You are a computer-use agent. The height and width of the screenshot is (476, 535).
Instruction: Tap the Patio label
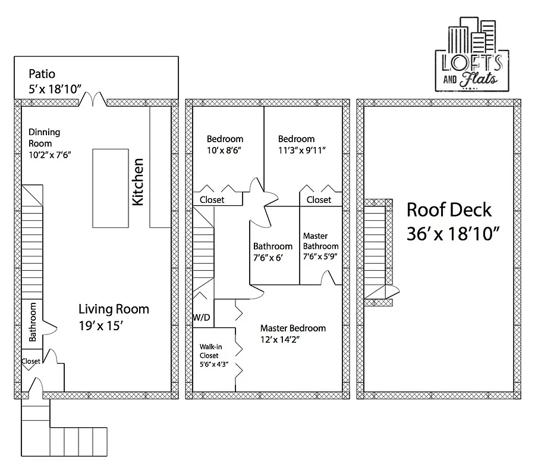click(x=42, y=74)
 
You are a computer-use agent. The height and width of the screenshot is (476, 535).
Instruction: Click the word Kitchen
click(x=138, y=181)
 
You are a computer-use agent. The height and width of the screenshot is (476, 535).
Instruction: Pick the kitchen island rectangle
click(x=111, y=187)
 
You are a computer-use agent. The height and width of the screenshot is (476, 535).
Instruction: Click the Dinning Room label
click(x=45, y=133)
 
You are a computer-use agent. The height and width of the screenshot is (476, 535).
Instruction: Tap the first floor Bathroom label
click(x=33, y=322)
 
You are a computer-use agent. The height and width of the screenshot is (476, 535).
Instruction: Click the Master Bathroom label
click(x=320, y=241)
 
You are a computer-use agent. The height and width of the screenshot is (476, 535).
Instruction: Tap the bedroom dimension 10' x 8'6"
click(x=224, y=151)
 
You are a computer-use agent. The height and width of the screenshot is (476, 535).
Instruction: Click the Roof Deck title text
click(x=449, y=210)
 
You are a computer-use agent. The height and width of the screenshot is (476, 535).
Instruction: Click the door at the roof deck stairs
click(x=385, y=292)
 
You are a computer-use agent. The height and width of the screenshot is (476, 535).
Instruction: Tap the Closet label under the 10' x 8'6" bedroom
click(x=212, y=200)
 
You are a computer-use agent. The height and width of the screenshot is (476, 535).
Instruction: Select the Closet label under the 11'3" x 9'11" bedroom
click(x=319, y=200)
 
